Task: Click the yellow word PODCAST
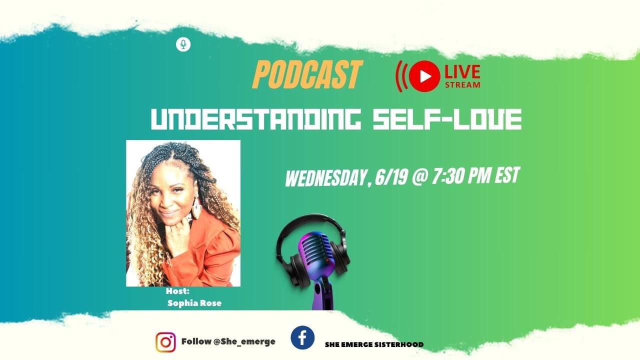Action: [306, 74]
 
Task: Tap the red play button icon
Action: [424, 75]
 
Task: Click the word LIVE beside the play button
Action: [462, 72]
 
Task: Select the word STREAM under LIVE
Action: [462, 84]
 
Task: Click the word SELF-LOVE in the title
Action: [447, 119]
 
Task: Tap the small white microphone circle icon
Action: [183, 44]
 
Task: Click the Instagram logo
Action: [165, 342]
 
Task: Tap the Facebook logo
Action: [302, 338]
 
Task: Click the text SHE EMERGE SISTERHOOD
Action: [374, 344]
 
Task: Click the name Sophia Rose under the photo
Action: [194, 303]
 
